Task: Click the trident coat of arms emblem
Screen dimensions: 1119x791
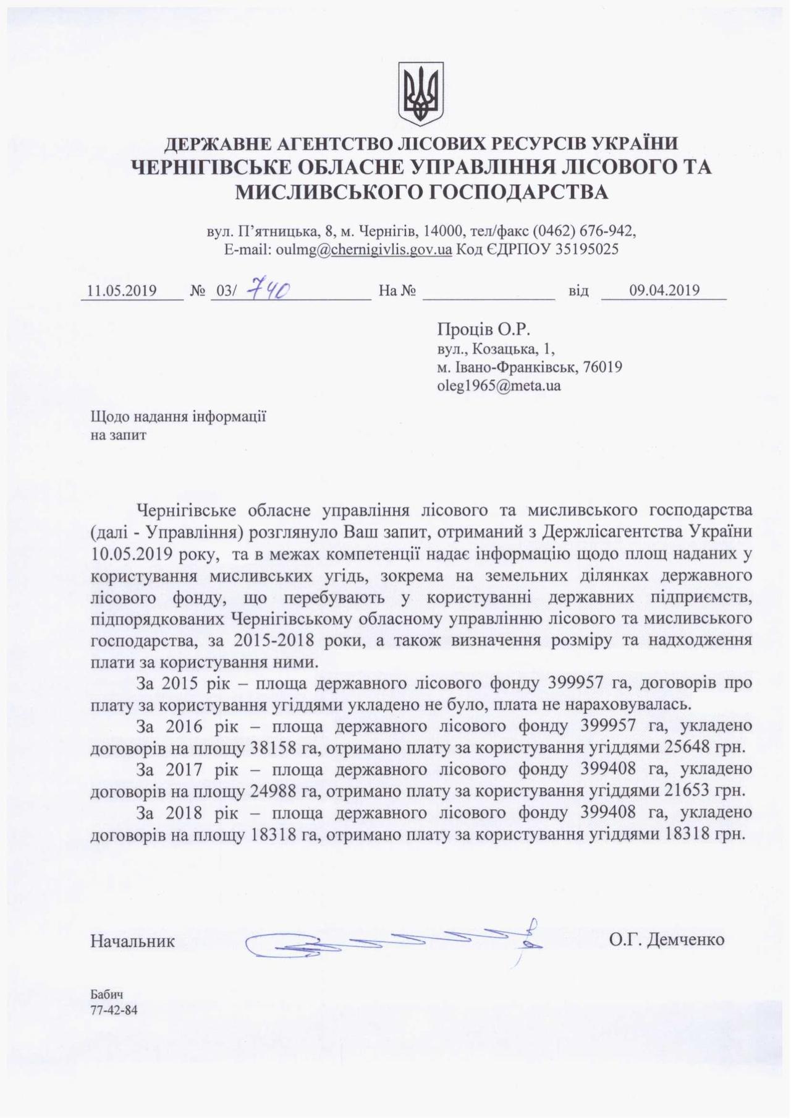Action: click(x=421, y=93)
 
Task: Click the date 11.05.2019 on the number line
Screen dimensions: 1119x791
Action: click(x=122, y=291)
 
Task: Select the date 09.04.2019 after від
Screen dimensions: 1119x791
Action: click(x=664, y=290)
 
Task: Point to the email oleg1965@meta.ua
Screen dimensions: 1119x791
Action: click(x=499, y=385)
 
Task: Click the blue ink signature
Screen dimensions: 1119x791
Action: click(x=395, y=942)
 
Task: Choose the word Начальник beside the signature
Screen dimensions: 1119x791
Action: click(x=132, y=941)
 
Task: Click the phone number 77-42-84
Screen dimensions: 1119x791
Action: click(x=114, y=1011)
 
